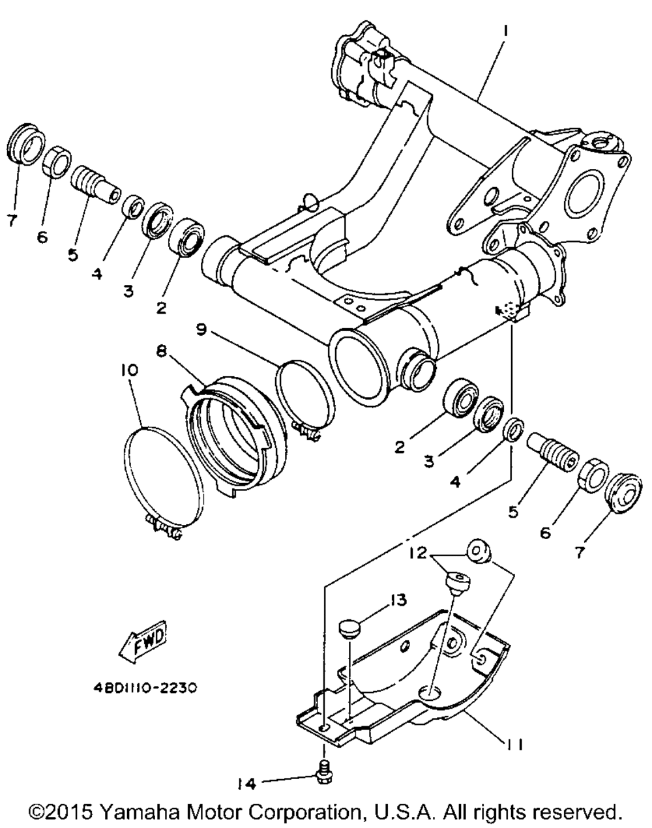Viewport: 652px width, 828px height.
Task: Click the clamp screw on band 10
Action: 162,525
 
